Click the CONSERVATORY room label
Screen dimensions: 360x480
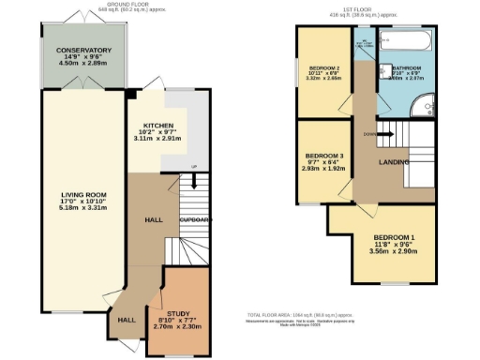(83, 50)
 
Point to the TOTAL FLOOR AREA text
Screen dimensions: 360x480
(300, 314)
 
